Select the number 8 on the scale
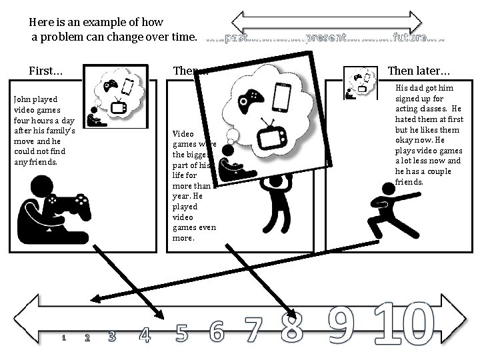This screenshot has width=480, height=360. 291,326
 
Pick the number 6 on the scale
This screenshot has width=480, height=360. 217,330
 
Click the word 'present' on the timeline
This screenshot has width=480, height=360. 325,38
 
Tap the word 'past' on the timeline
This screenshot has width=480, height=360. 237,38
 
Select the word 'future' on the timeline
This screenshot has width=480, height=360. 410,38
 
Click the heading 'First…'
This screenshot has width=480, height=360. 46,71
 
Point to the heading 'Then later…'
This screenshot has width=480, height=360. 419,71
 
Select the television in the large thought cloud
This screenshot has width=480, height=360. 272,136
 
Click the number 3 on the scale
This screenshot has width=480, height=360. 112,336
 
